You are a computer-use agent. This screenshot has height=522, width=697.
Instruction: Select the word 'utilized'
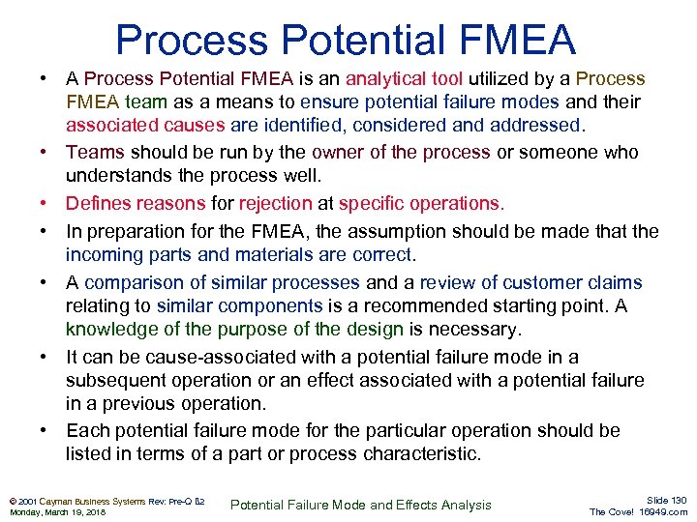502,78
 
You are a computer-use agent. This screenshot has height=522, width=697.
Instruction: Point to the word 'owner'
345,153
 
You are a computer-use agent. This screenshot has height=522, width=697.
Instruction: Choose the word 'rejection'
275,203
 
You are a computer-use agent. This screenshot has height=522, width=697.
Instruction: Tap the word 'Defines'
99,203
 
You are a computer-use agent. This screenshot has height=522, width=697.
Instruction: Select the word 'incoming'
105,255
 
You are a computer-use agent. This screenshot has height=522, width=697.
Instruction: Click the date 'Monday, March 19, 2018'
55,511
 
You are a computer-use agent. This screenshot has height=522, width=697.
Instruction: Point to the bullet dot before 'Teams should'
45,153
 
